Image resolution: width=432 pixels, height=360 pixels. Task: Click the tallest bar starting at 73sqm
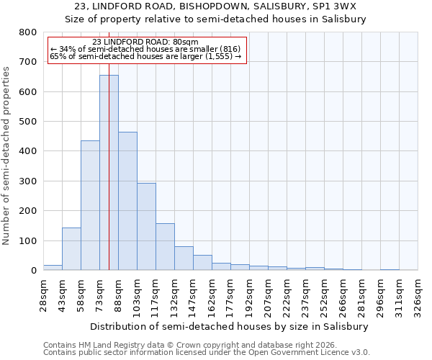(109, 173)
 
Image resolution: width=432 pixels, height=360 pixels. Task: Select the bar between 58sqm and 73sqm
(90, 205)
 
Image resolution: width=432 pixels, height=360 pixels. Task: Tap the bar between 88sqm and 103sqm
(127, 201)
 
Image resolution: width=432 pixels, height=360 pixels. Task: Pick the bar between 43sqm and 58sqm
(71, 248)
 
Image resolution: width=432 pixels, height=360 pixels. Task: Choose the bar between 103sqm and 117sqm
(146, 226)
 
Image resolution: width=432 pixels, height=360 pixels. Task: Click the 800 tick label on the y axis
(27, 32)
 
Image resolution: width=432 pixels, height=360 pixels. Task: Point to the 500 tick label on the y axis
(27, 122)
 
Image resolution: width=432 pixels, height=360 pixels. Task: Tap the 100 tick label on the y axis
(27, 240)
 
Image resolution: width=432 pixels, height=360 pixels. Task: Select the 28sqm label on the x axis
(43, 292)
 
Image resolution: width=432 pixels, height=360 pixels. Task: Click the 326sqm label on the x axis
(418, 294)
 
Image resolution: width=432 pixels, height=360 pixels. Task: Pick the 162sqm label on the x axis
(212, 294)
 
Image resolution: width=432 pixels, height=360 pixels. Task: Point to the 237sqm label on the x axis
(305, 294)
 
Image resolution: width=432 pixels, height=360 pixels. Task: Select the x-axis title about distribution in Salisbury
(230, 326)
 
